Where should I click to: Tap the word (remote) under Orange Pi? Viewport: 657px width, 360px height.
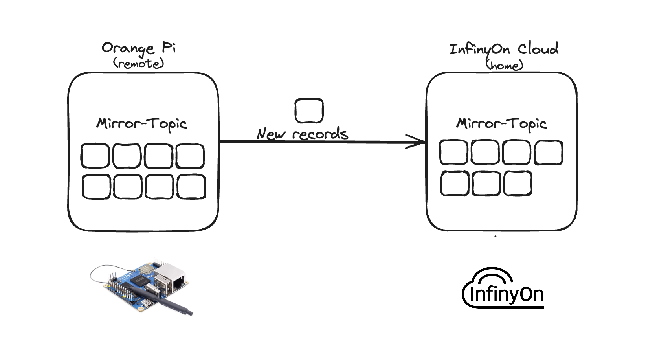click(x=138, y=64)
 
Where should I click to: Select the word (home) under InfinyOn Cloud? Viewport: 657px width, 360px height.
click(x=504, y=65)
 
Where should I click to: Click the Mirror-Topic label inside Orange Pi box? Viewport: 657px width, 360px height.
click(x=141, y=124)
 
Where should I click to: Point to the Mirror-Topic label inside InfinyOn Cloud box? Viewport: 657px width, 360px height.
click(x=501, y=124)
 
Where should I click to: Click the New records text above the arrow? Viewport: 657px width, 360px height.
click(x=302, y=134)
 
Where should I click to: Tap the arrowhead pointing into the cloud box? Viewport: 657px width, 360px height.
click(x=417, y=142)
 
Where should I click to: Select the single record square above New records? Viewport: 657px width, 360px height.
click(x=309, y=111)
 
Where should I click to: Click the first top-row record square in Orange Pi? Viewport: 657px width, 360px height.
click(x=95, y=156)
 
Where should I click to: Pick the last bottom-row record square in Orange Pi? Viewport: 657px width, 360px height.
click(x=191, y=187)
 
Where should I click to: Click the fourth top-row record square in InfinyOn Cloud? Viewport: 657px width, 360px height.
click(x=549, y=152)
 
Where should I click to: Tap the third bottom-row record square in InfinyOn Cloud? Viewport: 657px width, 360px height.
click(x=518, y=183)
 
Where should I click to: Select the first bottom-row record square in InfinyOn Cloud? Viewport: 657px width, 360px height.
click(x=455, y=183)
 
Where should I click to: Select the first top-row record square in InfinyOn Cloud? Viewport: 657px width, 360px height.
click(x=453, y=152)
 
